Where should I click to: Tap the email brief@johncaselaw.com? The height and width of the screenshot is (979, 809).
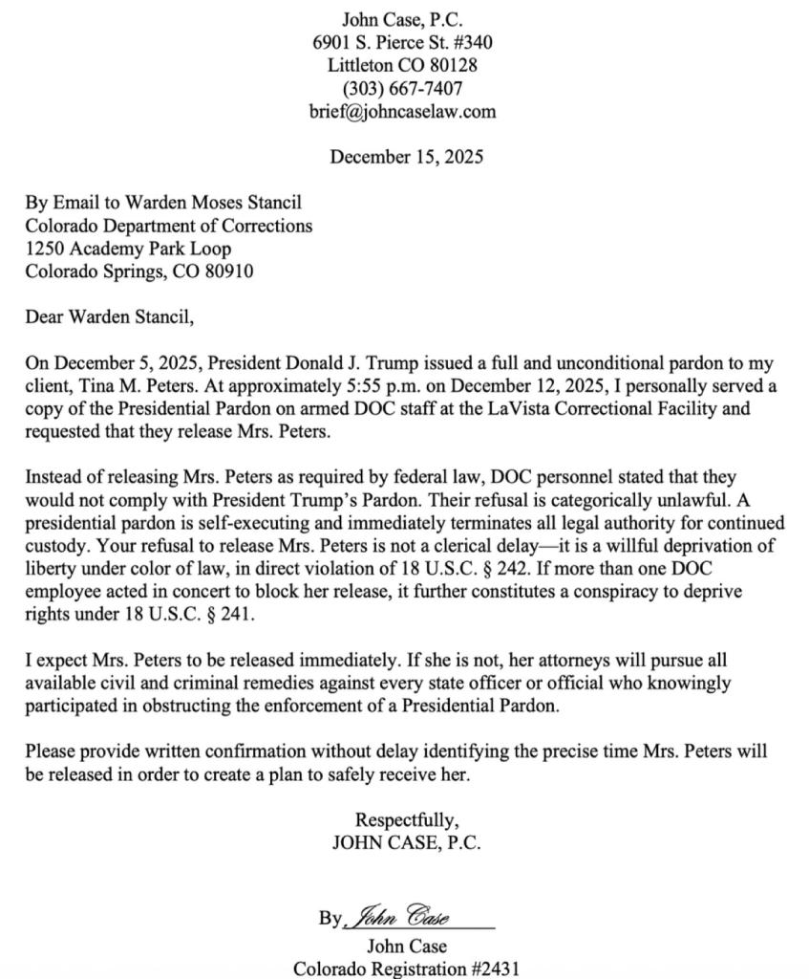(402, 112)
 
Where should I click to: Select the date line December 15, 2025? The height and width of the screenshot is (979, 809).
(406, 158)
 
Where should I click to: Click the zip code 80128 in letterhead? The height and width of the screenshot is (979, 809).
(453, 66)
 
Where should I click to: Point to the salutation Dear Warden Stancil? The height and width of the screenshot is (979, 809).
(109, 316)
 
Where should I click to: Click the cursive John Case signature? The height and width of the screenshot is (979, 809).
(401, 917)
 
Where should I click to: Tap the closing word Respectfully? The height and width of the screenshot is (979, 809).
(406, 820)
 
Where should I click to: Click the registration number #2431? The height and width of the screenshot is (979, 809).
(496, 968)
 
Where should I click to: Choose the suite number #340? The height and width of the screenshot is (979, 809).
(472, 43)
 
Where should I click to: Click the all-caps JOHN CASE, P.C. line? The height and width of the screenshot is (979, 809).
(406, 843)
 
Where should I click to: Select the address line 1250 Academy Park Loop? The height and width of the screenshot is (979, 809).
(128, 249)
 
